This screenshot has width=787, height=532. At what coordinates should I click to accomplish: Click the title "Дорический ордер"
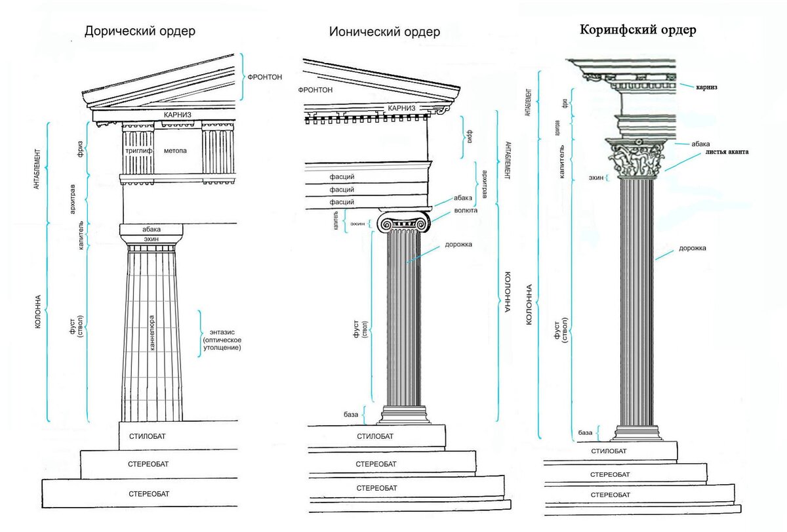(139, 31)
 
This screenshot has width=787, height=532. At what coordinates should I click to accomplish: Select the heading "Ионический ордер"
(384, 31)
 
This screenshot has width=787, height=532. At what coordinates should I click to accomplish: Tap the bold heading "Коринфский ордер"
(637, 30)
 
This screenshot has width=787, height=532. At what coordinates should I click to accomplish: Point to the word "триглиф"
(138, 151)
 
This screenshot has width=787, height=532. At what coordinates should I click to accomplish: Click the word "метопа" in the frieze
(175, 151)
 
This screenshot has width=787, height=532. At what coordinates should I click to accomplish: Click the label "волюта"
(465, 211)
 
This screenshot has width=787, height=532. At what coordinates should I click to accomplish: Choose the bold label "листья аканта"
(727, 152)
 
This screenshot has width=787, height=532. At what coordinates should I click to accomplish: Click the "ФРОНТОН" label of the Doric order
(265, 77)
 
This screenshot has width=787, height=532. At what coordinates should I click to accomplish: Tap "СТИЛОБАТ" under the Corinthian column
(609, 451)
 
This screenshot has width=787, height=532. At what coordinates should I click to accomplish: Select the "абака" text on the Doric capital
(151, 230)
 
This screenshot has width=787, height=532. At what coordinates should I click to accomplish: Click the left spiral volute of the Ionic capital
(386, 224)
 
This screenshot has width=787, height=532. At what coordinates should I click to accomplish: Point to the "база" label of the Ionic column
(351, 415)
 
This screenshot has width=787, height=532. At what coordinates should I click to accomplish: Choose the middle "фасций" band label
(342, 190)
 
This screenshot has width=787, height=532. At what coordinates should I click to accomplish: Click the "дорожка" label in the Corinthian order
(693, 249)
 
